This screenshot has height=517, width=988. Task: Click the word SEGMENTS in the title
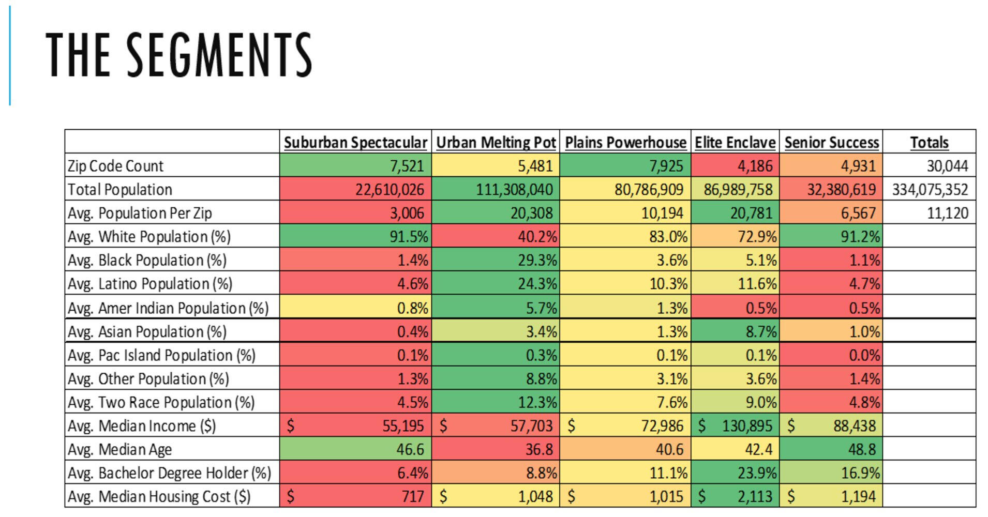[x=219, y=54]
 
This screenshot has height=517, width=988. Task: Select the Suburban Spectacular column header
[x=355, y=142]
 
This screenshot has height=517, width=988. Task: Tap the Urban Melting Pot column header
[x=496, y=142]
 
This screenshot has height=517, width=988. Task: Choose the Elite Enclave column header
[x=735, y=142]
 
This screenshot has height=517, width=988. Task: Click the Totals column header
[x=929, y=142]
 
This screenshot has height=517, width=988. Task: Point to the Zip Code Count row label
[x=115, y=166]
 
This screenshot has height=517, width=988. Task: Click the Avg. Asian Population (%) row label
[x=147, y=331]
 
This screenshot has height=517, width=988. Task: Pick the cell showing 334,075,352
[x=930, y=190]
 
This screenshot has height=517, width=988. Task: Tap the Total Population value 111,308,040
[x=514, y=190]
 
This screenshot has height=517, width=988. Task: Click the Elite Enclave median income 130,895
[x=747, y=426]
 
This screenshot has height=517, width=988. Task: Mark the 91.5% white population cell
[x=409, y=237]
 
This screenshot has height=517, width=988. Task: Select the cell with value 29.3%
[x=537, y=260]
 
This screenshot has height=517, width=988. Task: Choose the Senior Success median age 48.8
[x=862, y=449]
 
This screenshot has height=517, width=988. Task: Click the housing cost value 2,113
[x=755, y=497]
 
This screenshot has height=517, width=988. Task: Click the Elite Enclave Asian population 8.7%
[x=761, y=331]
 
